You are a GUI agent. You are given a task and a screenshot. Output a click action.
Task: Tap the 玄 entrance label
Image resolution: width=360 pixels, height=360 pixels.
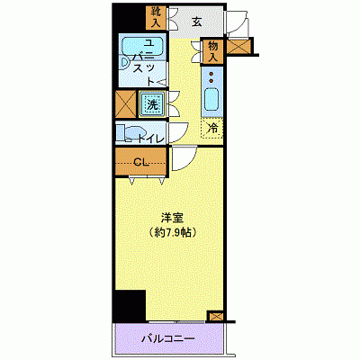pos(195,23)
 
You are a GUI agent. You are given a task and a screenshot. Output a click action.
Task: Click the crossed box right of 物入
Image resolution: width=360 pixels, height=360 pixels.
pos(238,48)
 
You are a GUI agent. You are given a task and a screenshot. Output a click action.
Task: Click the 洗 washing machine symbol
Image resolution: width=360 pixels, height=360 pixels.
pos(153,105)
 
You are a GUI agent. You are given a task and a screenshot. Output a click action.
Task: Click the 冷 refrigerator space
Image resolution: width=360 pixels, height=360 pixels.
pos(212,129)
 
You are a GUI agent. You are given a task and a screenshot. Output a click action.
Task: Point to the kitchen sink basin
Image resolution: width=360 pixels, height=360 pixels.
pos(213,99)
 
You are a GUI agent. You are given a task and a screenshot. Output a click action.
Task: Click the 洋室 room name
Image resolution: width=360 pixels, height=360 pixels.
pos(172,217)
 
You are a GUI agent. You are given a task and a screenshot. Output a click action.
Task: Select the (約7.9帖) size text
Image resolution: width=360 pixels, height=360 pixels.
pos(173,232)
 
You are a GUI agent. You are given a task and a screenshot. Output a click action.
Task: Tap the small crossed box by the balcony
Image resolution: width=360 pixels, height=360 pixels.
pos(215,317)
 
